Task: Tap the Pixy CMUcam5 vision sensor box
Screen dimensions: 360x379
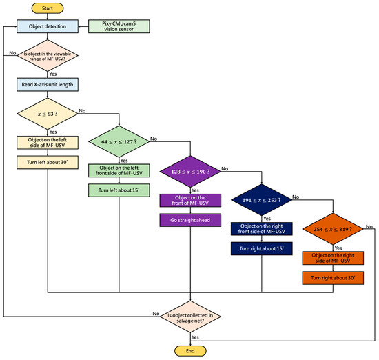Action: point(120,27)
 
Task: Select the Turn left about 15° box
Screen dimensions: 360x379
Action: point(120,190)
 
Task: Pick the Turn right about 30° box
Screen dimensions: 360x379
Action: point(333,277)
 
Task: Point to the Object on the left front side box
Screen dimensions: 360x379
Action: point(120,170)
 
